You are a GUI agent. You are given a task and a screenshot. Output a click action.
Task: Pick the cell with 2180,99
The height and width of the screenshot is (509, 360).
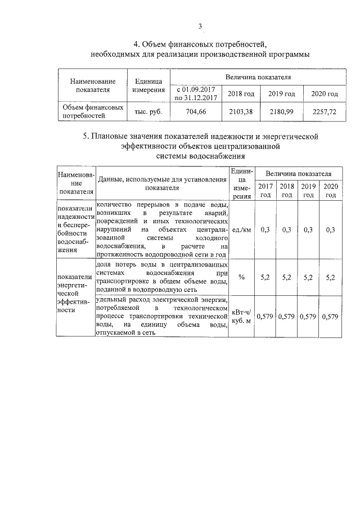pyautogui.click(x=281, y=112)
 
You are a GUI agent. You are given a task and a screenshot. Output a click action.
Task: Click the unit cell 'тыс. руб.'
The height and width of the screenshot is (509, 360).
pyautogui.click(x=148, y=112)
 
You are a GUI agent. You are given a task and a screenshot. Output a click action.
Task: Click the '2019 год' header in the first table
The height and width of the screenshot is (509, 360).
pyautogui.click(x=281, y=93)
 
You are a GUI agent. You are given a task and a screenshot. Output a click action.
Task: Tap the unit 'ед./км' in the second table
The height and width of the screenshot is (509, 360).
pyautogui.click(x=241, y=229)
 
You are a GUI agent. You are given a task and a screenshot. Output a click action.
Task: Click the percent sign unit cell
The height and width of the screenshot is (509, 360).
pyautogui.click(x=241, y=277)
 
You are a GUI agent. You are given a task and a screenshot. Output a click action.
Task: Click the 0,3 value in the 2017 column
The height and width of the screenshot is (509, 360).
pyautogui.click(x=265, y=229)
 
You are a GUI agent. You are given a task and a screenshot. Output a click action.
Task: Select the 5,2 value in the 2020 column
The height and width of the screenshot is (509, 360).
pyautogui.click(x=330, y=277)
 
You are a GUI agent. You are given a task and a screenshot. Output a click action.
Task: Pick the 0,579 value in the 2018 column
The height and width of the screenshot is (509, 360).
pyautogui.click(x=287, y=317)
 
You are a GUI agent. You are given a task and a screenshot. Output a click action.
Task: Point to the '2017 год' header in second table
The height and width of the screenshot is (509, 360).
pyautogui.click(x=265, y=190)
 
